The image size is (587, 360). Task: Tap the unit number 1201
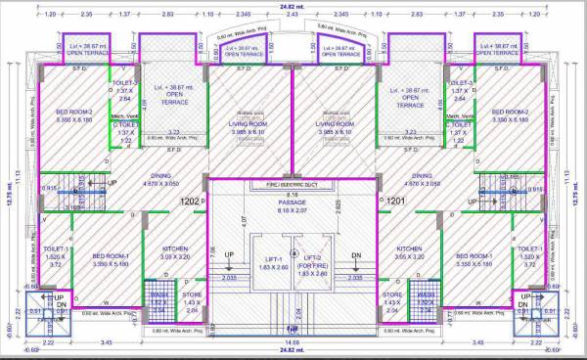click(x=395, y=202)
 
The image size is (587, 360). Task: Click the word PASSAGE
click(x=293, y=203)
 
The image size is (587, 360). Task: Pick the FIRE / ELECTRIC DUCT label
click(x=293, y=184)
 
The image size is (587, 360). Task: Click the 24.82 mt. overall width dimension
click(x=293, y=7)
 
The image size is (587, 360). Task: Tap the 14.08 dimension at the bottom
click(x=293, y=341)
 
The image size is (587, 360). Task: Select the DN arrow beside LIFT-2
click(x=356, y=254)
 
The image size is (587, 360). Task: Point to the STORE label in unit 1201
click(x=391, y=293)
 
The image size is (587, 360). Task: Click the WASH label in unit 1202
click(x=159, y=293)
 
